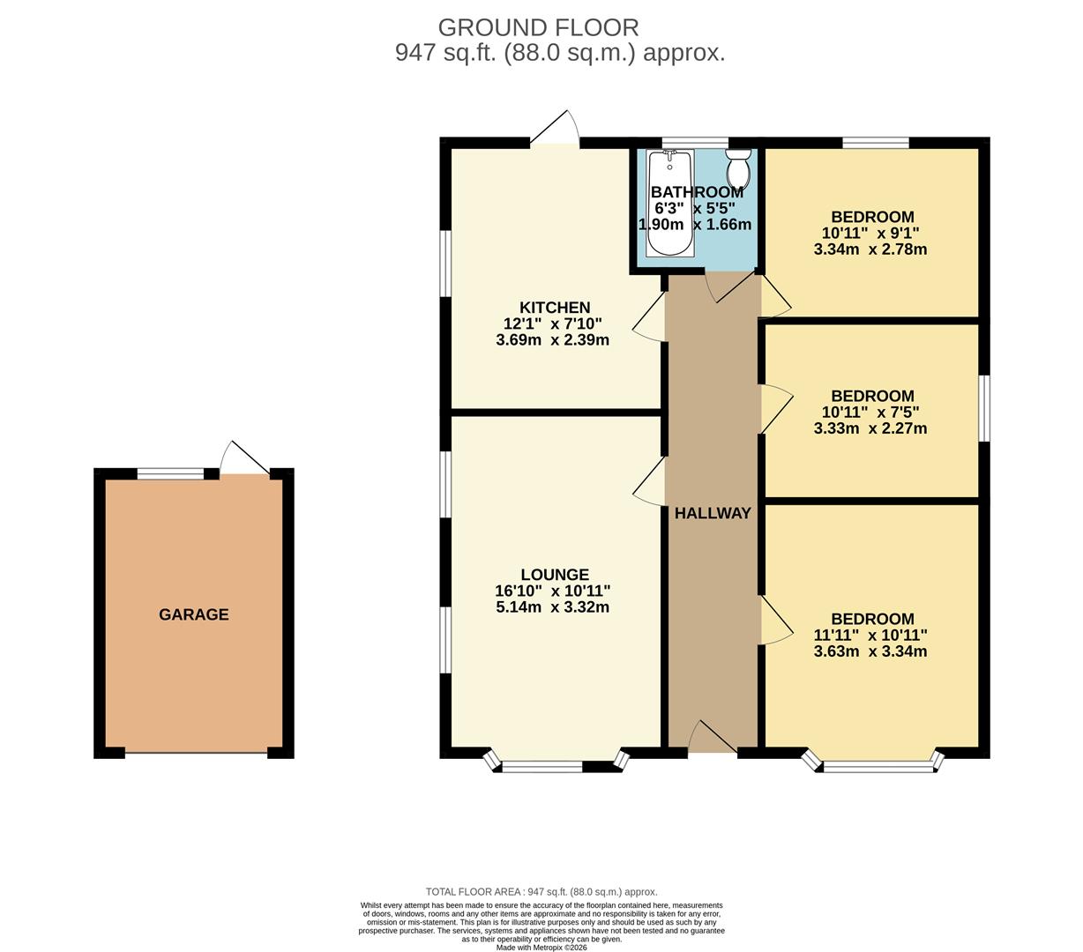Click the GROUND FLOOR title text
pos(538,27)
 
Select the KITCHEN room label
pos(555,308)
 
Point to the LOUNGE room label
pos(554,575)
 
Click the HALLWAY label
pos(713,513)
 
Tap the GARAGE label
pos(193,614)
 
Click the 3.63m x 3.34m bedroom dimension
pos(870,652)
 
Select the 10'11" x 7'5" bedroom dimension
pos(870,412)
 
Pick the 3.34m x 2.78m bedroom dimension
pos(870,249)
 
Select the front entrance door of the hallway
pos(713,739)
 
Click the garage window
pos(170,474)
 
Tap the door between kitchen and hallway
pos(653,317)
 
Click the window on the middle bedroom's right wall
pos(984,408)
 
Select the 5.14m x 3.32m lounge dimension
pos(553,607)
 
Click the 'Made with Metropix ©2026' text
pos(541,948)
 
